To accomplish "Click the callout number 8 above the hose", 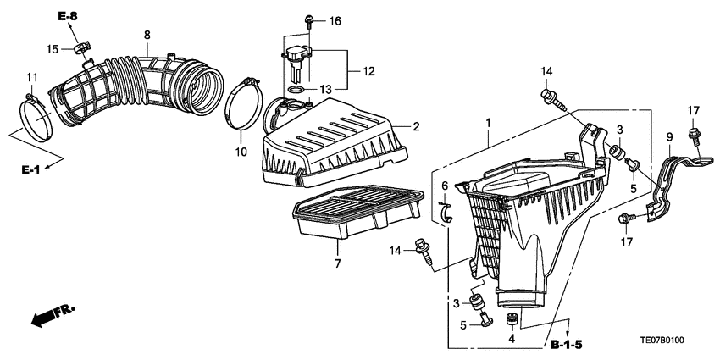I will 147,35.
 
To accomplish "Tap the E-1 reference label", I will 30,169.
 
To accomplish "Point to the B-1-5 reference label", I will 567,345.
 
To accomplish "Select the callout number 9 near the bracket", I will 668,136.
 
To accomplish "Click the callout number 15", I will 52,50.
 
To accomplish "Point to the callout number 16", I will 335,20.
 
